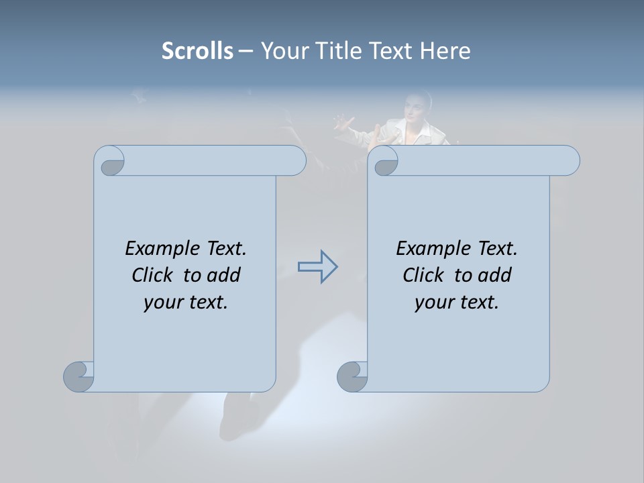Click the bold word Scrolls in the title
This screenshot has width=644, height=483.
tap(197, 51)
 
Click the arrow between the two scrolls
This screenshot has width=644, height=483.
tap(317, 267)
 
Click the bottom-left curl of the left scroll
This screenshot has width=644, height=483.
tap(78, 376)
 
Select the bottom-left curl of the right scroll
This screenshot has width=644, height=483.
tap(352, 376)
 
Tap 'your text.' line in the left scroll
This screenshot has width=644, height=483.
tap(186, 303)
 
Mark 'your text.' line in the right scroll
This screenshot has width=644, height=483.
tap(457, 303)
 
